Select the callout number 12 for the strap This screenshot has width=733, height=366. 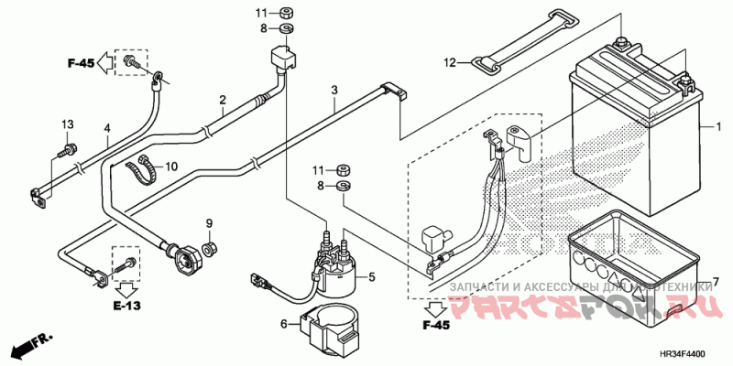450,63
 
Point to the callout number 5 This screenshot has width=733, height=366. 372,274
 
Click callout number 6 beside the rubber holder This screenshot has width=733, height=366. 284,322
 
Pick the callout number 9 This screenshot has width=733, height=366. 208,224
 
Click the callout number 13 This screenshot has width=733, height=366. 67,124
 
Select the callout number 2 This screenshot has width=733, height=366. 223,99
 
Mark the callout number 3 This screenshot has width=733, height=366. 334,91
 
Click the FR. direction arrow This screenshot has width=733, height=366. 28,347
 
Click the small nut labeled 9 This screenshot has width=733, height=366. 209,248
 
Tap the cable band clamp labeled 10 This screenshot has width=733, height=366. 141,167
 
